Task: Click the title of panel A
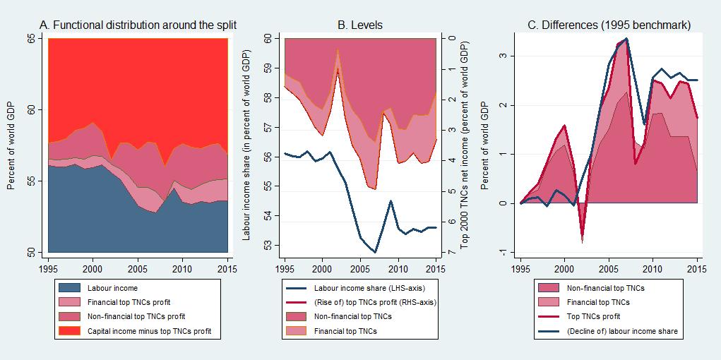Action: pyautogui.click(x=138, y=25)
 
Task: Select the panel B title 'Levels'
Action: pyautogui.click(x=360, y=25)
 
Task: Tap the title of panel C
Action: pyautogui.click(x=609, y=25)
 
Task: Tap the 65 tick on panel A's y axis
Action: pyautogui.click(x=30, y=39)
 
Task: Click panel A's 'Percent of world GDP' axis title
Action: pyautogui.click(x=11, y=145)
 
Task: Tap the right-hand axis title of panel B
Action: pyautogui.click(x=465, y=145)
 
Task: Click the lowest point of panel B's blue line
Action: pyautogui.click(x=376, y=252)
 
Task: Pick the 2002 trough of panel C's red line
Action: pyautogui.click(x=583, y=242)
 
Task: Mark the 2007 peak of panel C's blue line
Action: pyautogui.click(x=626, y=39)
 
